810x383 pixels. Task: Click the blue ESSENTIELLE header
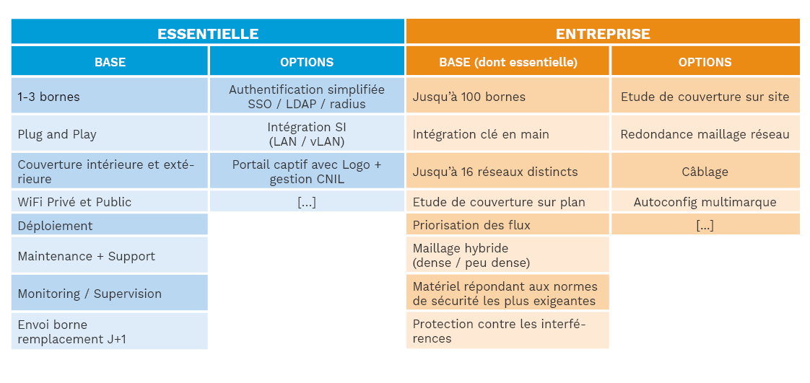coord(208,32)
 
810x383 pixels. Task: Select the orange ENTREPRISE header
coord(603,32)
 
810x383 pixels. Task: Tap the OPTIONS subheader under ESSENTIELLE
coord(307,61)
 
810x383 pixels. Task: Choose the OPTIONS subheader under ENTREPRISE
coord(705,61)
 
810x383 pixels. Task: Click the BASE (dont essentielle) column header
coord(508,61)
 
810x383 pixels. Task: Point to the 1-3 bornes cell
coord(110,95)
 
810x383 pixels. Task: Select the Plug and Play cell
coord(110,133)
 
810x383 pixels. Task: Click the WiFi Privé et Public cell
coord(110,201)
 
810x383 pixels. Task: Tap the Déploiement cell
coord(110,224)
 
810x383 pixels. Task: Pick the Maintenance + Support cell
coord(110,255)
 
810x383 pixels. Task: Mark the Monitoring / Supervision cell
coord(110,292)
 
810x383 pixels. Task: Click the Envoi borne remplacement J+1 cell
coord(110,330)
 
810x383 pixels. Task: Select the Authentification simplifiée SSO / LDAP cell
coord(307,95)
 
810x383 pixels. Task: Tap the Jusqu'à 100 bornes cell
coord(508,95)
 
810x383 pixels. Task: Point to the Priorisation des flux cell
coord(508,224)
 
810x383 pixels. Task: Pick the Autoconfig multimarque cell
coord(705,201)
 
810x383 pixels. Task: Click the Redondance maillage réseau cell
coord(705,133)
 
